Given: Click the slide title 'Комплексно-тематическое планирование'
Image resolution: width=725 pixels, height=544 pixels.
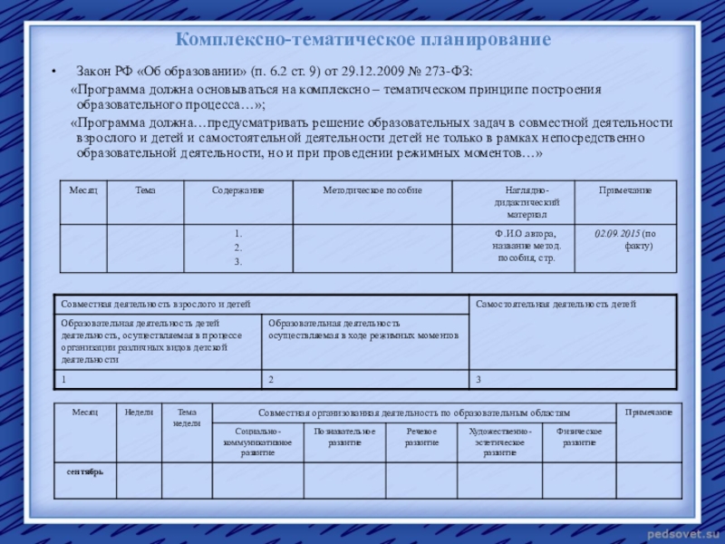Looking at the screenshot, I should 362,41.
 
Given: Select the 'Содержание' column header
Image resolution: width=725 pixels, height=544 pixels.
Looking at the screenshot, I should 237,190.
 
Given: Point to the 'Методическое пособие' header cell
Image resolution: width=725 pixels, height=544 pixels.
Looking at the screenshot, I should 372,190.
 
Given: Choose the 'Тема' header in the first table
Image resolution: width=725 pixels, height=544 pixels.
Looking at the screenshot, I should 145,190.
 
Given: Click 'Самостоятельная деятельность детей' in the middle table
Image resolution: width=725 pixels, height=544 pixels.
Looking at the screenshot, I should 556,304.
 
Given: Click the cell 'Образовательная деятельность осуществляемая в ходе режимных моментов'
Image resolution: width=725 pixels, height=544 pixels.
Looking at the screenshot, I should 362,329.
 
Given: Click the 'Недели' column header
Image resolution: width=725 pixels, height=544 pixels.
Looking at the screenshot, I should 139,413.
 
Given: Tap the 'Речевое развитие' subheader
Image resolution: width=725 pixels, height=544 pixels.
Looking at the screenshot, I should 421,437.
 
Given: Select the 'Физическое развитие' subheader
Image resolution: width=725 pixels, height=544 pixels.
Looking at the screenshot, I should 579,437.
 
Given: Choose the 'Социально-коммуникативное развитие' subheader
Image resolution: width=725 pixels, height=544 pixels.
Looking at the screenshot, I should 257,442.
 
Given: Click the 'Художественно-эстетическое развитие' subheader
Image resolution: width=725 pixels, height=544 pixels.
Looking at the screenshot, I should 499,442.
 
